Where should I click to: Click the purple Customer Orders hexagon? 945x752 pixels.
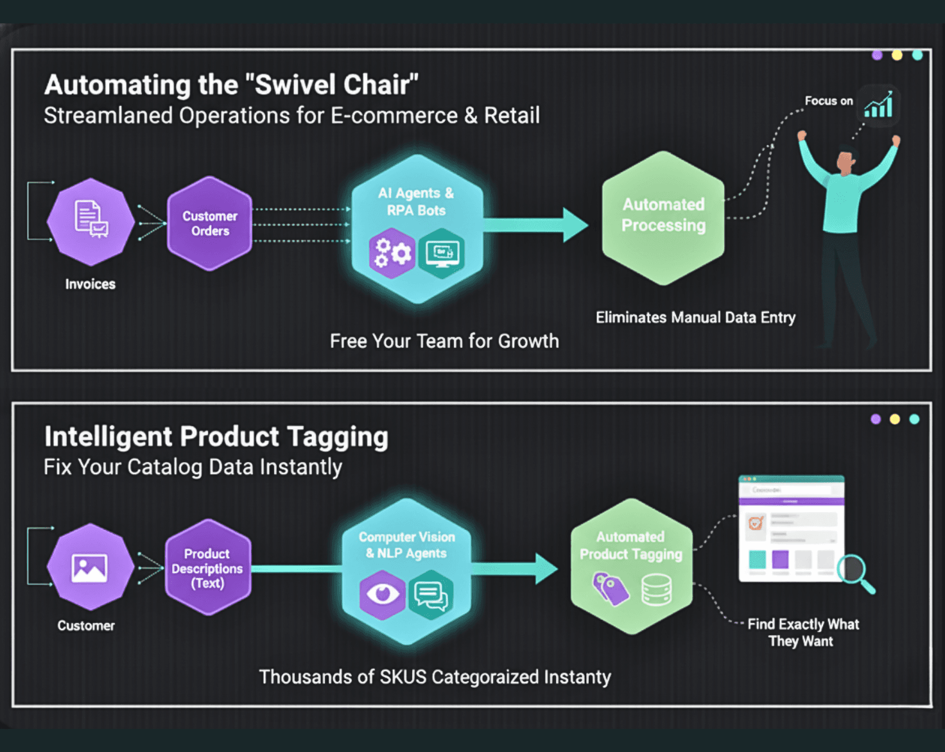pos(209,223)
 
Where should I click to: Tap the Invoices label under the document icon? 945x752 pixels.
pos(90,284)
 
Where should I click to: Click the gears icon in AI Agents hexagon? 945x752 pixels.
pos(392,253)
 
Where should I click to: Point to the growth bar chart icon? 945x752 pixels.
pos(878,105)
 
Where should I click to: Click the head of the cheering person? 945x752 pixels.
pos(846,162)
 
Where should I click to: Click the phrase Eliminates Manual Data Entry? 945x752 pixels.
pos(695,318)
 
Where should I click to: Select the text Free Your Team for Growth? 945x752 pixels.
pos(444,341)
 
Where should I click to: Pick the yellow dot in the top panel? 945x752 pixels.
pos(897,55)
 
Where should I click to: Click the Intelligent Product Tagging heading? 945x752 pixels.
pos(216,437)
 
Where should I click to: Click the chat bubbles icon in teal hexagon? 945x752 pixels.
pos(431,595)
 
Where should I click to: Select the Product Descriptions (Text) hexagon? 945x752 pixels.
pos(207,568)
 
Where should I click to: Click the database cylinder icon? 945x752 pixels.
pos(656,589)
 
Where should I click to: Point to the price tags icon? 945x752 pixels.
pos(611,588)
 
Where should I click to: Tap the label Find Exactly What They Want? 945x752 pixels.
pos(802,633)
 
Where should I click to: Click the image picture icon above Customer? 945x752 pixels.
pos(90,568)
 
